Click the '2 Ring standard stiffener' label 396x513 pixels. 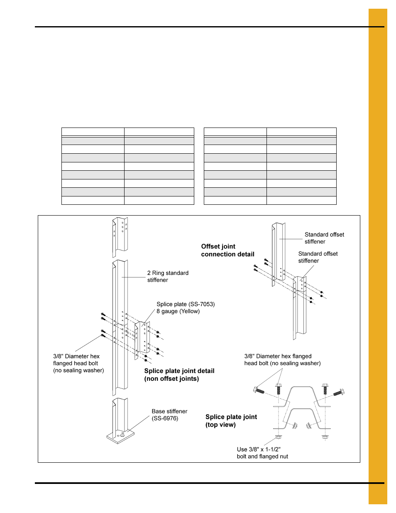tap(168, 276)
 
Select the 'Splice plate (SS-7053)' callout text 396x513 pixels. tap(186, 304)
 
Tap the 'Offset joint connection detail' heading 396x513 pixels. tap(227, 250)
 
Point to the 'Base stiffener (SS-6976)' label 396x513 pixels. tap(169, 415)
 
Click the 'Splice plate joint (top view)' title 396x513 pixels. tap(231, 420)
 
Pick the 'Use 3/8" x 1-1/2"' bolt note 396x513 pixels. tap(259, 449)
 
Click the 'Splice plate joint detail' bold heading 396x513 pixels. tap(179, 371)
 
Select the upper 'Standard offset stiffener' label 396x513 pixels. tap(324, 238)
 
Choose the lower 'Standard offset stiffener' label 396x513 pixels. tap(318, 257)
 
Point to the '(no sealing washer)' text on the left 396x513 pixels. tap(78, 370)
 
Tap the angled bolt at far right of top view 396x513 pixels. tap(339, 392)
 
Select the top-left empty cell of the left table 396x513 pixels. tap(93, 132)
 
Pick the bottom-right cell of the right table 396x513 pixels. tap(301, 200)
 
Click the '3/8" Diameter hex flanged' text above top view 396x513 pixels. tap(278, 356)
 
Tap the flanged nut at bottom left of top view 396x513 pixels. tap(278, 437)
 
